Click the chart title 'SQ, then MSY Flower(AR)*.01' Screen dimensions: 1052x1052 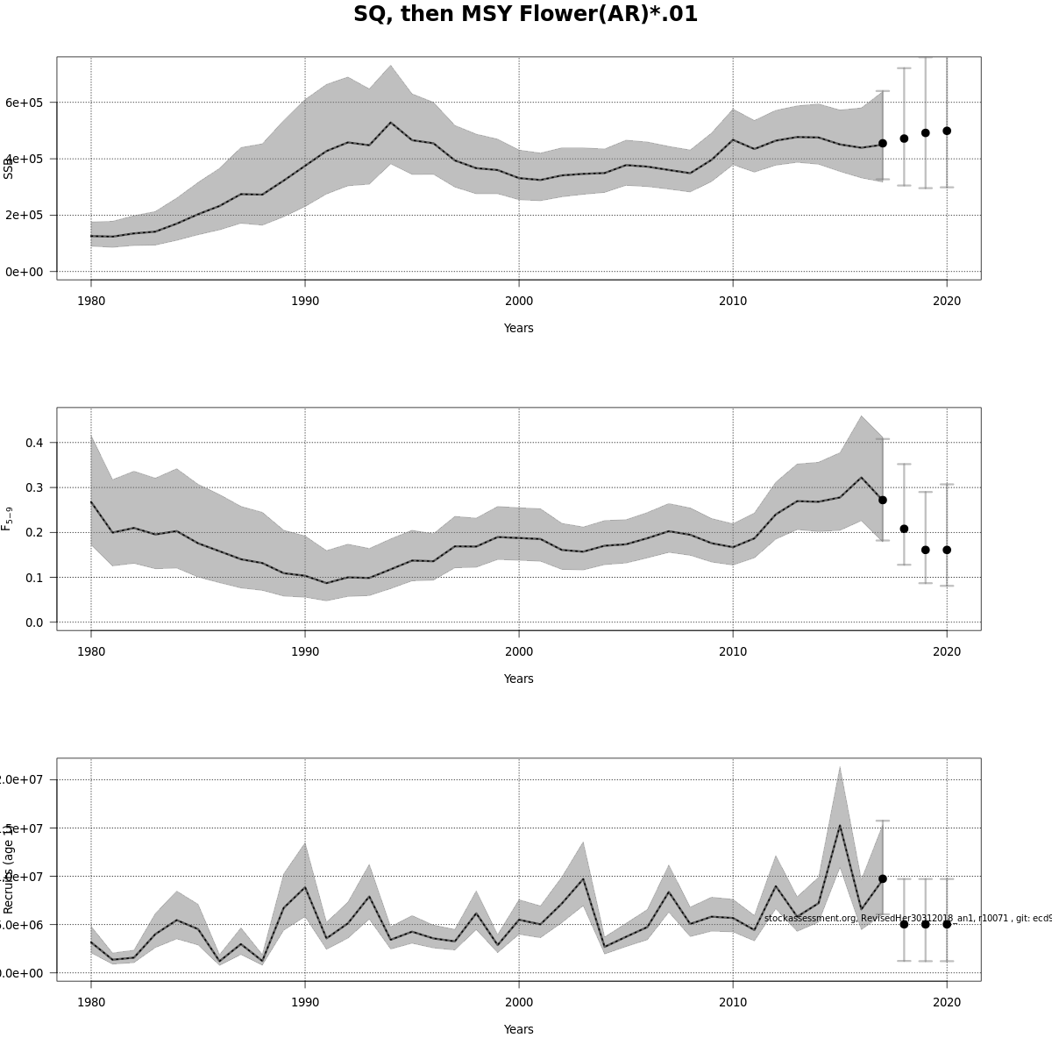(x=525, y=15)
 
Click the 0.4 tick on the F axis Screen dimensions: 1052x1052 (x=34, y=443)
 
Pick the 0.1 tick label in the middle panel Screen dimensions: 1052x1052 (x=34, y=578)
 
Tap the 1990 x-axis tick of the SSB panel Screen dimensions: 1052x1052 (x=305, y=301)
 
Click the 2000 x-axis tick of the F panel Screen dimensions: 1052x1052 (x=519, y=651)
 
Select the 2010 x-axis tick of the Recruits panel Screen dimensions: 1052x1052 (x=733, y=1002)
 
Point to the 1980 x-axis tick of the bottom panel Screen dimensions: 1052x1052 (x=91, y=1002)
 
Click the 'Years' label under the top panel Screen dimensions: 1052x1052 (x=518, y=328)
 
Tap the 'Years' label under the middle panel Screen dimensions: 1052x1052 (x=518, y=679)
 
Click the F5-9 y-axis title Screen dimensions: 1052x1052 (x=7, y=518)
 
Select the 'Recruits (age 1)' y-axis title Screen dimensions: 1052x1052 (x=9, y=869)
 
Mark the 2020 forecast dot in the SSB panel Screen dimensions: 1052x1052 (x=947, y=131)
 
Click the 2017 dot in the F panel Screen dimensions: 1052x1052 (x=883, y=500)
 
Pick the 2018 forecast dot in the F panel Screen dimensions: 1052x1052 (x=904, y=529)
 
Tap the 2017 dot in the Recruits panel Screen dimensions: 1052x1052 (x=883, y=878)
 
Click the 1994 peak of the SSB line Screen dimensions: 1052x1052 (x=391, y=123)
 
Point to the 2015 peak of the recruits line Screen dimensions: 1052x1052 (x=840, y=825)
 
